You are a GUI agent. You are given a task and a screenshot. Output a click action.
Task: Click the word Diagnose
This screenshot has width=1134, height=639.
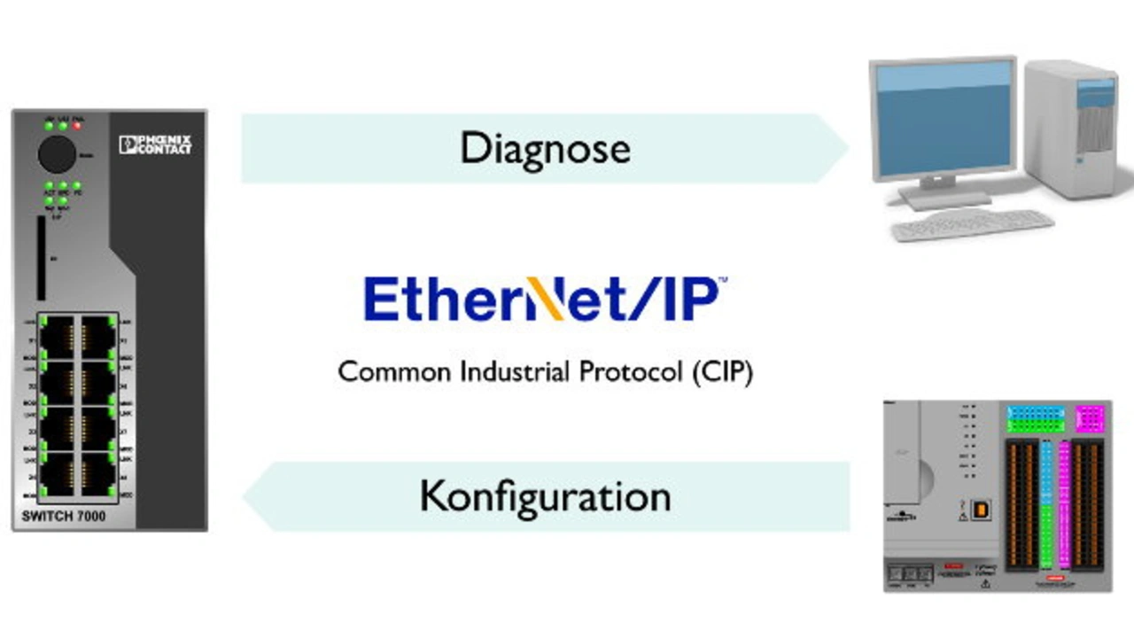(x=545, y=147)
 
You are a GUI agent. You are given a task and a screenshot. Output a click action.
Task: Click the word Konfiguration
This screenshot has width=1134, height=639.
(x=545, y=496)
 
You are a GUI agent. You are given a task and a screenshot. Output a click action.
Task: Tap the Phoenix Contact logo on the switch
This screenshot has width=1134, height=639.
(x=155, y=144)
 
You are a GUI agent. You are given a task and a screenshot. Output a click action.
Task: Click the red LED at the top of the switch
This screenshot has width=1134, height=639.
(x=78, y=125)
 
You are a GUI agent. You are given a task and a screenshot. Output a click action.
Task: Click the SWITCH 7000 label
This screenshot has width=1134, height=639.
(x=63, y=516)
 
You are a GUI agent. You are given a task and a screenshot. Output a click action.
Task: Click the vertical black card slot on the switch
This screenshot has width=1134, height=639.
(x=41, y=258)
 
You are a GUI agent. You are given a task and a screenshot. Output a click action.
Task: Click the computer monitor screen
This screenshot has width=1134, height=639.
(x=941, y=120)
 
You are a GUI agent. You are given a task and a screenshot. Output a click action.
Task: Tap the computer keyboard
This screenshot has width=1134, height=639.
(x=972, y=224)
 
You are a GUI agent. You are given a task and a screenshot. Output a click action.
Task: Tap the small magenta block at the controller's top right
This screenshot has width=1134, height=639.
(x=1090, y=417)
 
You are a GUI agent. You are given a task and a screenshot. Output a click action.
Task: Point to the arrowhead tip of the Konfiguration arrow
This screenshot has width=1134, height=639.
(x=246, y=496)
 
